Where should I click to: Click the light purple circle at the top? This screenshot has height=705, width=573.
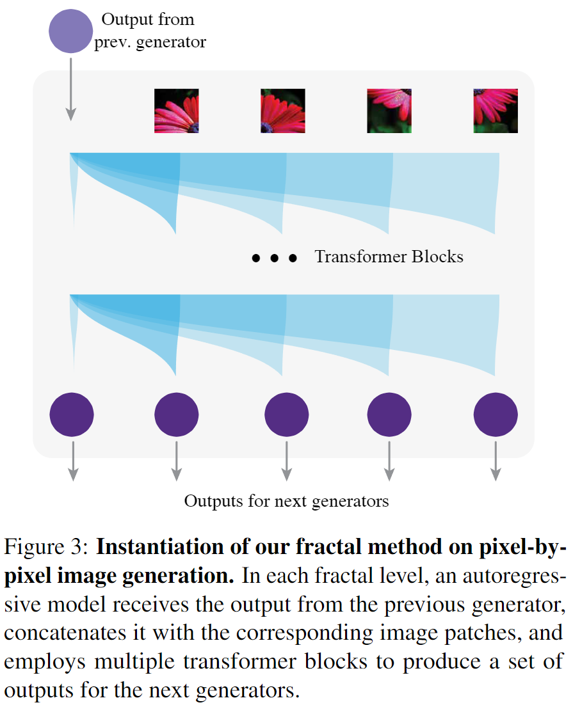pyautogui.click(x=70, y=31)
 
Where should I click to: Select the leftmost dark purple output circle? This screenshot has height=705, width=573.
pyautogui.click(x=72, y=415)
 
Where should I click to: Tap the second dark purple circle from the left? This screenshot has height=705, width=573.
pyautogui.click(x=177, y=415)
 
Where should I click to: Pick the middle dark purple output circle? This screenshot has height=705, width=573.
pyautogui.click(x=287, y=415)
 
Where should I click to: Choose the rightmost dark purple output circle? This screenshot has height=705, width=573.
pyautogui.click(x=496, y=415)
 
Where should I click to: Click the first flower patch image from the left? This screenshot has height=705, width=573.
pyautogui.click(x=177, y=111)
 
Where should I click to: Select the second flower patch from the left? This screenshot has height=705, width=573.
pyautogui.click(x=283, y=111)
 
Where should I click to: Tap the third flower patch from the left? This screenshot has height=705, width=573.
pyautogui.click(x=389, y=111)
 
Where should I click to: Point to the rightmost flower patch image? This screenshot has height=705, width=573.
pyautogui.click(x=496, y=111)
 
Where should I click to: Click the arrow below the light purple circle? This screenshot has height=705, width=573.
pyautogui.click(x=70, y=90)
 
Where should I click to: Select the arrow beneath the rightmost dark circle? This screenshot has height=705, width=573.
pyautogui.click(x=496, y=461)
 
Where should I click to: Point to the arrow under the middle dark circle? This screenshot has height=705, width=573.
pyautogui.click(x=287, y=461)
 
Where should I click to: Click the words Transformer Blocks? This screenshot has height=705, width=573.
pyautogui.click(x=389, y=257)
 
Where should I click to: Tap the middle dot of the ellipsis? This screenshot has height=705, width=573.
pyautogui.click(x=275, y=258)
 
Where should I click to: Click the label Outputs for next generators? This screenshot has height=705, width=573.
pyautogui.click(x=286, y=501)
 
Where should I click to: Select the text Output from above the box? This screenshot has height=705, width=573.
pyautogui.click(x=148, y=19)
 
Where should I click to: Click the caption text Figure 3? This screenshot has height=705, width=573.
pyautogui.click(x=46, y=547)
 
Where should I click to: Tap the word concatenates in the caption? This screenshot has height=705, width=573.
pyautogui.click(x=65, y=633)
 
